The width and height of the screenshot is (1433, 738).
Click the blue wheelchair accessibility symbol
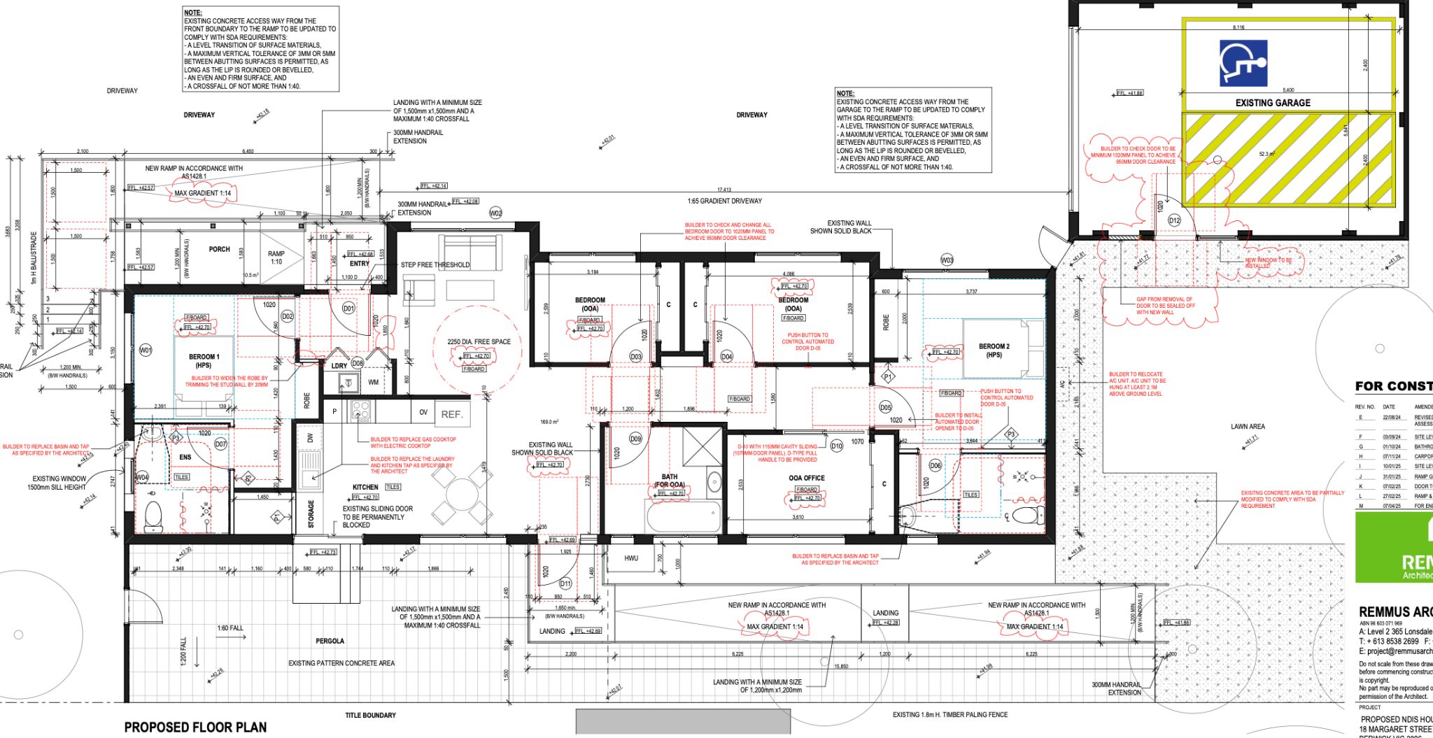1243,63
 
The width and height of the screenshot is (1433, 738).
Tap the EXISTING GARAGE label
1272,103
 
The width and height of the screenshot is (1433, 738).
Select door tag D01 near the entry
348,308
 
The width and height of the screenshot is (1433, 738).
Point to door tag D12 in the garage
1174,221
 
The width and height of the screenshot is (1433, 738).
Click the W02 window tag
496,213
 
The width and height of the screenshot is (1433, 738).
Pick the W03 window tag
947,260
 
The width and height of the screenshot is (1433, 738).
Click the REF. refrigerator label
452,414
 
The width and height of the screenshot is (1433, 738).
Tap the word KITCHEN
365,487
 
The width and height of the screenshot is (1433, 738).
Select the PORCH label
219,249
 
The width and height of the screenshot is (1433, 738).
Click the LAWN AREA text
1248,426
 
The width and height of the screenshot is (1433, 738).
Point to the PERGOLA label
330,641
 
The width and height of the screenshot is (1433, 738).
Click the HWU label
631,558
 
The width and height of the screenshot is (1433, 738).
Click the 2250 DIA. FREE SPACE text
479,342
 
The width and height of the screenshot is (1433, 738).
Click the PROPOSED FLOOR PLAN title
195,727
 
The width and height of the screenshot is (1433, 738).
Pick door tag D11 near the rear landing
565,583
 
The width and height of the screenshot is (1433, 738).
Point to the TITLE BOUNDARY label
370,715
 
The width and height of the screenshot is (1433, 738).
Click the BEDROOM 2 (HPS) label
994,350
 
